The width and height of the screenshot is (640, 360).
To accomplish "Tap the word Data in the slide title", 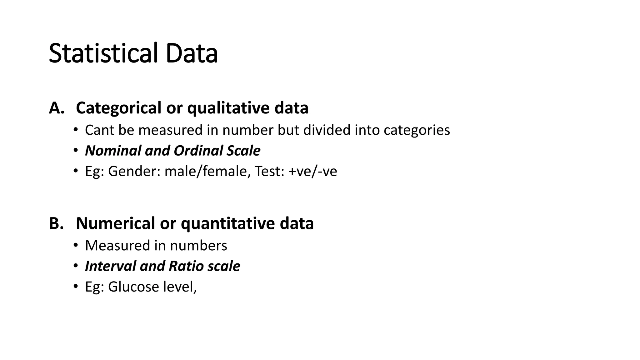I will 192,53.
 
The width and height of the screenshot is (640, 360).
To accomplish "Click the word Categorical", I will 118,108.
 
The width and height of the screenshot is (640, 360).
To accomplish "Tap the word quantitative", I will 227,224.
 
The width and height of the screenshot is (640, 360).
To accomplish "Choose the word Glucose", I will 133,287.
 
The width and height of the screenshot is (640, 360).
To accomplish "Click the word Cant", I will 99,130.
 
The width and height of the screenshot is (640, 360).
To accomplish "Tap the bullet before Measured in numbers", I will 75,245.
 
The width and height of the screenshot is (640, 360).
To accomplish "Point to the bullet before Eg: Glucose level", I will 75,287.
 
